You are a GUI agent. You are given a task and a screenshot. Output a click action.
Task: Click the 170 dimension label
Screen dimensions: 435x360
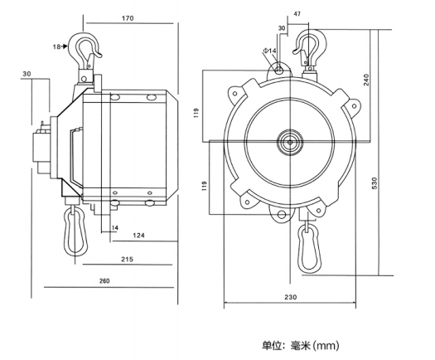coord(128,18)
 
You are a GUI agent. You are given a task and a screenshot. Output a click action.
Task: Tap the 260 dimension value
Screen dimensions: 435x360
coord(104,281)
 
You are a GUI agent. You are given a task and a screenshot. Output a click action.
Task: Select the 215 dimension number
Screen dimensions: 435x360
coord(127,260)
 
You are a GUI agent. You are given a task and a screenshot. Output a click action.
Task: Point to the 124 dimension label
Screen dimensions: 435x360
coord(138,236)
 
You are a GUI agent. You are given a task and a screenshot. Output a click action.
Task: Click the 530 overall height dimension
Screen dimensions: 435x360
coord(375,183)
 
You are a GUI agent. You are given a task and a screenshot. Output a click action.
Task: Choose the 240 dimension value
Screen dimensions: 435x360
coord(366,80)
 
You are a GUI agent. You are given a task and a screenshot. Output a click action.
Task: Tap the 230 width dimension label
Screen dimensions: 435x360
coord(291,297)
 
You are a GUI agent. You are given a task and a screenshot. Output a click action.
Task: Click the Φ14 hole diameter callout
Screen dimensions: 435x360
coord(269,51)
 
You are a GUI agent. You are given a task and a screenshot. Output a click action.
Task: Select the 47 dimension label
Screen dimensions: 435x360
coord(297,14)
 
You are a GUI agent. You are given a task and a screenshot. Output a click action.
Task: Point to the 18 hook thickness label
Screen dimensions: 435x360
coord(56,46)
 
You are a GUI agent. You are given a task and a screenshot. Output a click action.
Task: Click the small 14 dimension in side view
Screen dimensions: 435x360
coord(115,228)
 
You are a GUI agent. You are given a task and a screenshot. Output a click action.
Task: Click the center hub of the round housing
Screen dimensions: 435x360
coord(290,142)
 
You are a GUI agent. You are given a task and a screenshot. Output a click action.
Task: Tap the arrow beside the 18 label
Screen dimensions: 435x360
coord(65,46)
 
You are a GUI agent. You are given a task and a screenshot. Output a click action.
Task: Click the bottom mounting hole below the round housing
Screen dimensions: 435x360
coord(282,215)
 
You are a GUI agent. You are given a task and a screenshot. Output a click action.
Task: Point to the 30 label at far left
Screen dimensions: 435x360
coord(27,74)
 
